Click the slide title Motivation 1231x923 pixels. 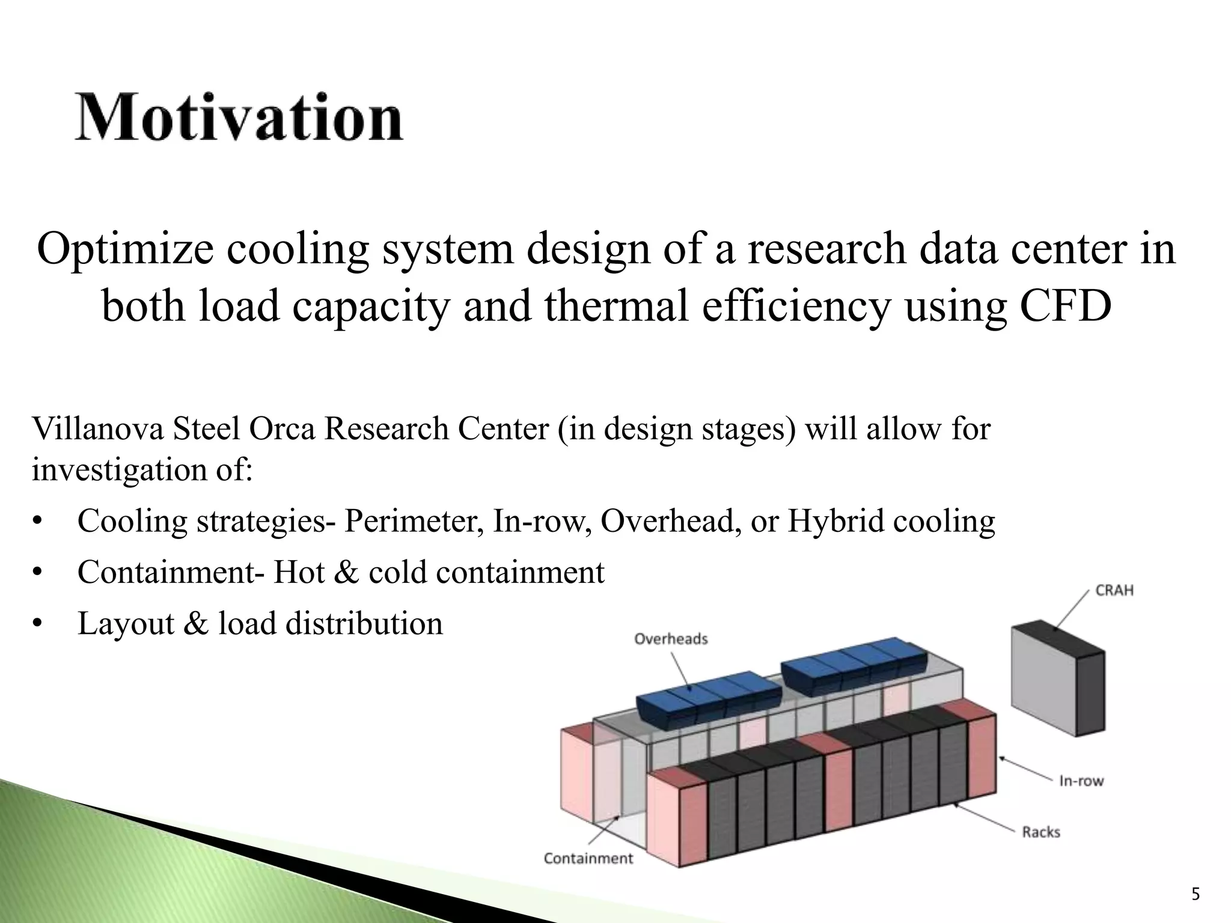pyautogui.click(x=239, y=117)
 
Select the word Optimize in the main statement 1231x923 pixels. pyautogui.click(x=125, y=249)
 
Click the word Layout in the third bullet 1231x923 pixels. pyautogui.click(x=126, y=623)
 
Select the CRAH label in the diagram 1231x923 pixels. pyautogui.click(x=1114, y=590)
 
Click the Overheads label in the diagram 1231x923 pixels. pyautogui.click(x=671, y=639)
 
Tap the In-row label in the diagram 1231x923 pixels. pyautogui.click(x=1081, y=781)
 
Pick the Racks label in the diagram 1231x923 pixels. pyautogui.click(x=1041, y=832)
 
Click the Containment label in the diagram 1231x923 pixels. pyautogui.click(x=588, y=858)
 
